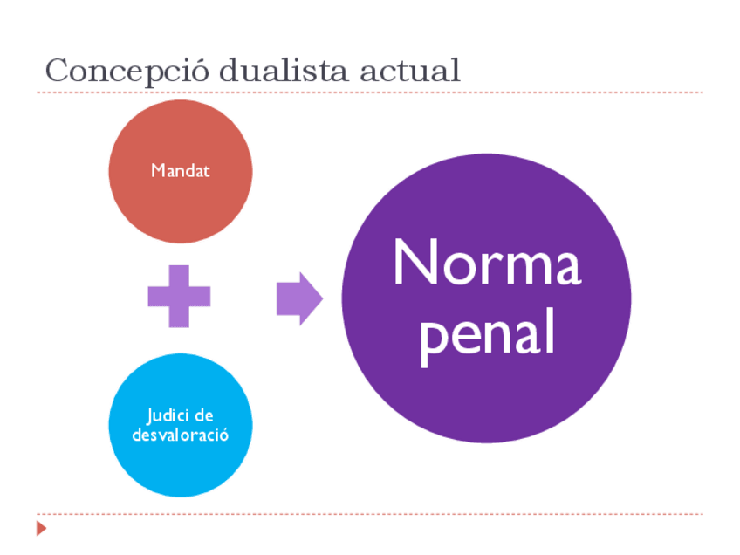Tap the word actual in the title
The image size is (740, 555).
coord(410,70)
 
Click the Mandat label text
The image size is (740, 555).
coord(181,171)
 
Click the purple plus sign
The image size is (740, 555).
coord(179,297)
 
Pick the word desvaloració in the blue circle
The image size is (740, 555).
coord(181,434)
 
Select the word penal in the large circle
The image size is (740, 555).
coord(487,334)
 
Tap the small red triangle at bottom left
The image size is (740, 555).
coord(40,528)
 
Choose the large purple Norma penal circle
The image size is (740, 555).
coord(486,393)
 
